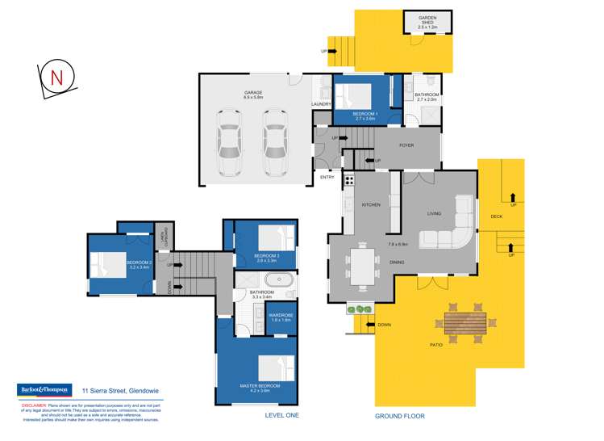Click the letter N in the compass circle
[56, 78]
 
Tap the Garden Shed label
[427, 22]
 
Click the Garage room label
[254, 94]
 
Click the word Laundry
[322, 104]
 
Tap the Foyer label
[406, 145]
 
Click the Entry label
[327, 178]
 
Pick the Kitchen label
[371, 205]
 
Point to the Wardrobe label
[280, 317]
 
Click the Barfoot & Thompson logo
[45, 389]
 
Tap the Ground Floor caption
[399, 416]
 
